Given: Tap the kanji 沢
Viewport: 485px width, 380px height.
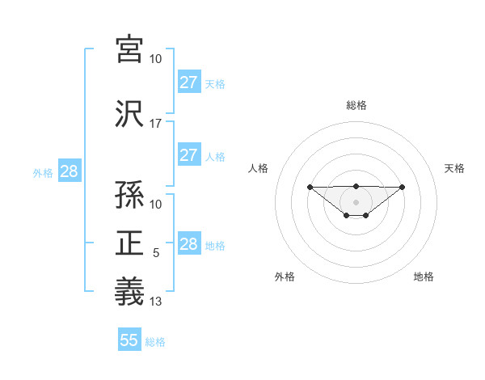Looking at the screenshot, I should [x=130, y=112].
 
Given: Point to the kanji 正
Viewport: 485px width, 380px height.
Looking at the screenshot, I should [x=130, y=243].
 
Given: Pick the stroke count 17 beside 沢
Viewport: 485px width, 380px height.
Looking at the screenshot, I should [x=156, y=124].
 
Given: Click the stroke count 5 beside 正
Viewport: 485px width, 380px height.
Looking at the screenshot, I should [x=156, y=254].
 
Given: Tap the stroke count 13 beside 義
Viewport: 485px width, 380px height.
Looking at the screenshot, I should [x=156, y=302].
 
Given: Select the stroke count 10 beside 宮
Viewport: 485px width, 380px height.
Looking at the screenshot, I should [x=156, y=59].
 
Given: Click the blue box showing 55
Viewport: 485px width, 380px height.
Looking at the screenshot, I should [x=129, y=340].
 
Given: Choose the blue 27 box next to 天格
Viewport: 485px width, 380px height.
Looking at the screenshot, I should [x=188, y=82].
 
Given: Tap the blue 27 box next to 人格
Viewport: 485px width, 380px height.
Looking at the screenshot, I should [x=188, y=155].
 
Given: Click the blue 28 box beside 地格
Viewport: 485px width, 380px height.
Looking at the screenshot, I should [x=188, y=244].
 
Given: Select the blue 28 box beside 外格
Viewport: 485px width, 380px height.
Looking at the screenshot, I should [x=69, y=171].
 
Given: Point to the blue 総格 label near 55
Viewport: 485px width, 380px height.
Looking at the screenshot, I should [x=155, y=342].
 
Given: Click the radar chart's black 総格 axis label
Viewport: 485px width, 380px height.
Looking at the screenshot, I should [x=356, y=105].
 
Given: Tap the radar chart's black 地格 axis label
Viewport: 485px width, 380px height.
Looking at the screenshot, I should [x=424, y=277].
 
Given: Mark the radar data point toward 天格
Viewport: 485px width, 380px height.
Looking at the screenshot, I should [x=403, y=187].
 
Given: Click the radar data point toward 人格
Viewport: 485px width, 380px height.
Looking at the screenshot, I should [x=310, y=187].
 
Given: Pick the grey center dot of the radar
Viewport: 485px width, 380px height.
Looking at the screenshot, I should [x=356, y=201].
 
